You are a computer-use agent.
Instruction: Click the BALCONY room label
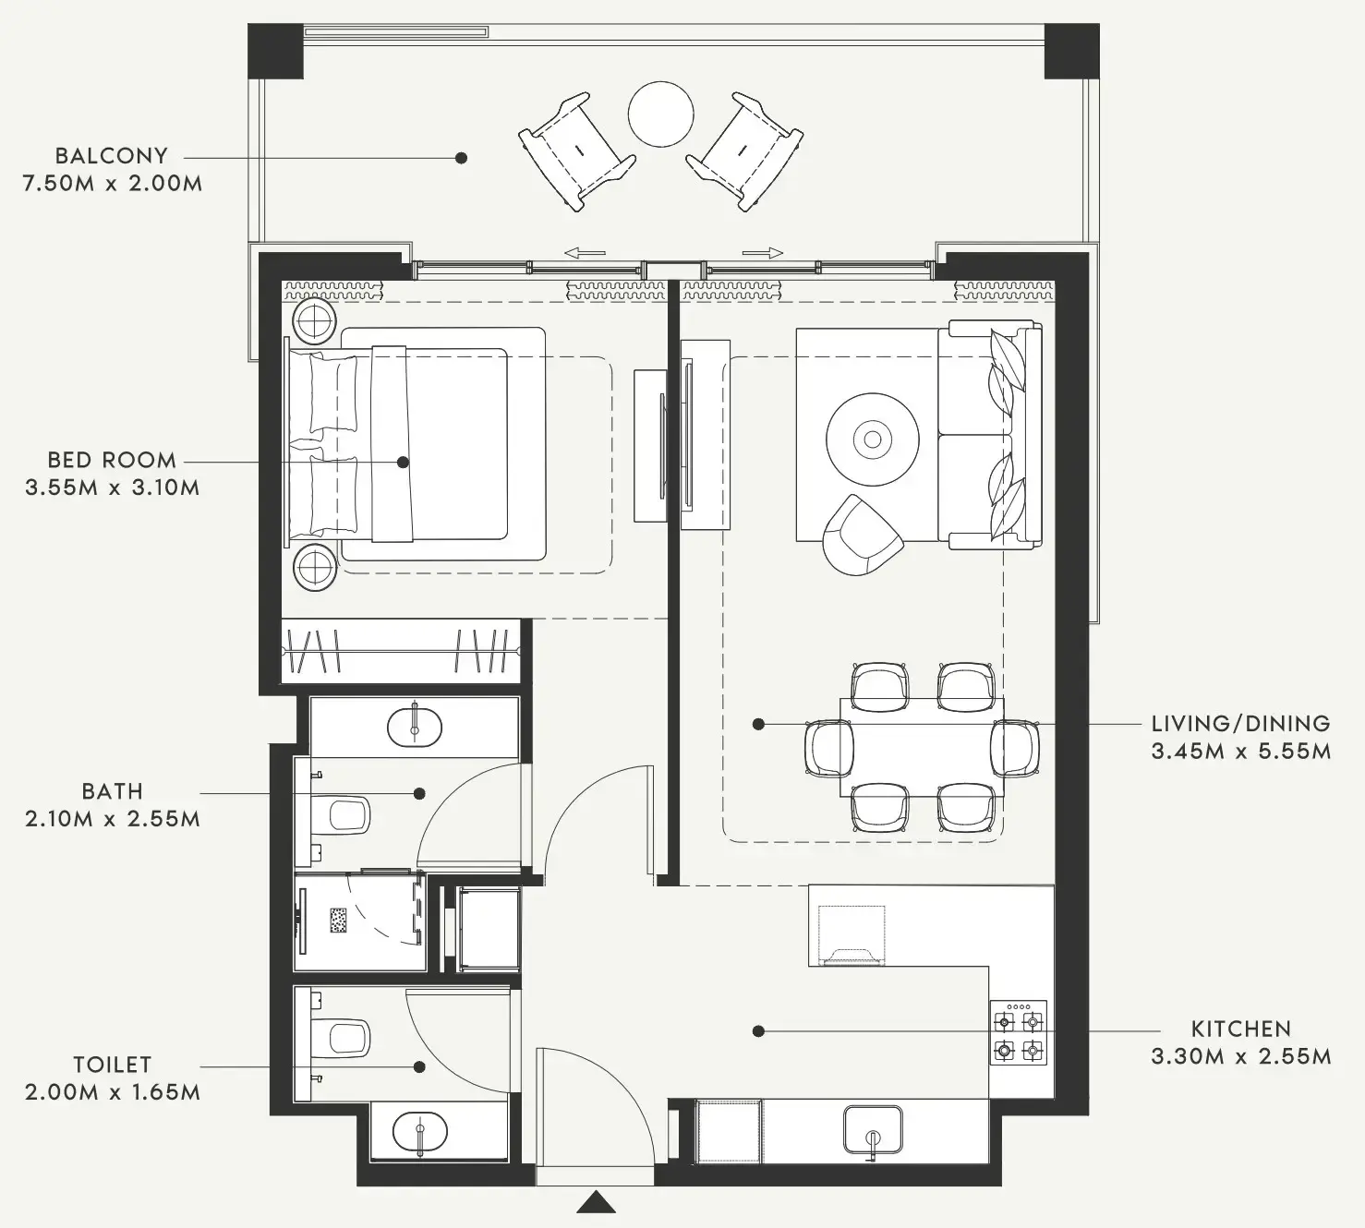pyautogui.click(x=111, y=155)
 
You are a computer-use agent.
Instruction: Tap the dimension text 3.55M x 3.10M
pyautogui.click(x=112, y=488)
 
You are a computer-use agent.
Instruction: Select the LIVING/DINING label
pyautogui.click(x=1240, y=724)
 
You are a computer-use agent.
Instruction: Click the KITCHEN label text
pyautogui.click(x=1240, y=1029)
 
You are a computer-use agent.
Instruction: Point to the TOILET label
pyautogui.click(x=112, y=1065)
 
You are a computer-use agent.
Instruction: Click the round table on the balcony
pyautogui.click(x=660, y=114)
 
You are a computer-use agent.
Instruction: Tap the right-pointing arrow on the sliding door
pyautogui.click(x=763, y=252)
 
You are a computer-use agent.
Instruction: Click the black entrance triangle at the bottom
pyautogui.click(x=596, y=1203)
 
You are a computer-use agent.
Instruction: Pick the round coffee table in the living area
pyautogui.click(x=873, y=439)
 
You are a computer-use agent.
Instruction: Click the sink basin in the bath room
pyautogui.click(x=415, y=726)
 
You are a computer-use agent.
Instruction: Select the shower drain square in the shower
pyautogui.click(x=339, y=921)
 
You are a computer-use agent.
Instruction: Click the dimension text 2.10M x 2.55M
pyautogui.click(x=112, y=819)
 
